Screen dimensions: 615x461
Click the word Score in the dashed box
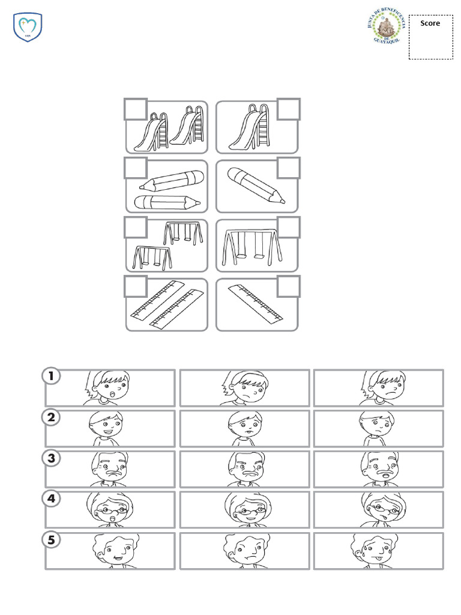pos(430,23)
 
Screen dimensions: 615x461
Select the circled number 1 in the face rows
pos(52,377)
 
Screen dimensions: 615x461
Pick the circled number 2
pos(52,417)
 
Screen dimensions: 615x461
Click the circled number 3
pos(52,458)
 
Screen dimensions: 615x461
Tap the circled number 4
pos(52,498)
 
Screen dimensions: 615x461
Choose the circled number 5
pos(52,539)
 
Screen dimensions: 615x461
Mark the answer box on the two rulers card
pos(136,286)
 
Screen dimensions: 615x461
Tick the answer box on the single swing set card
pos(289,228)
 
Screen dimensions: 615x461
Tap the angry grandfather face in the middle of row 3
pos(244,467)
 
